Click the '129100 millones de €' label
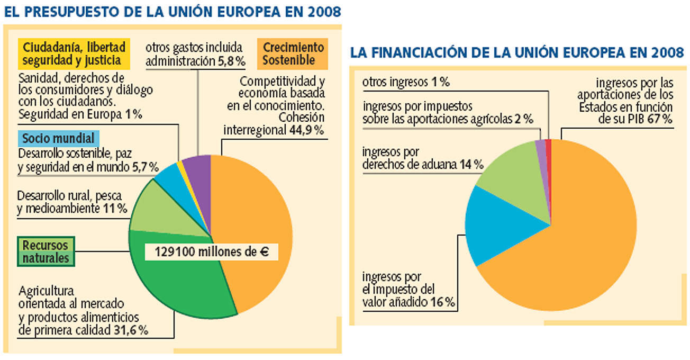212,252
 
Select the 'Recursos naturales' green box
46,251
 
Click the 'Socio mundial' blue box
59,138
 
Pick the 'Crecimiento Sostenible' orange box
293,53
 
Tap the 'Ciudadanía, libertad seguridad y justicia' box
74,53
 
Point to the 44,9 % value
306,130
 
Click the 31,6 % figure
131,330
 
